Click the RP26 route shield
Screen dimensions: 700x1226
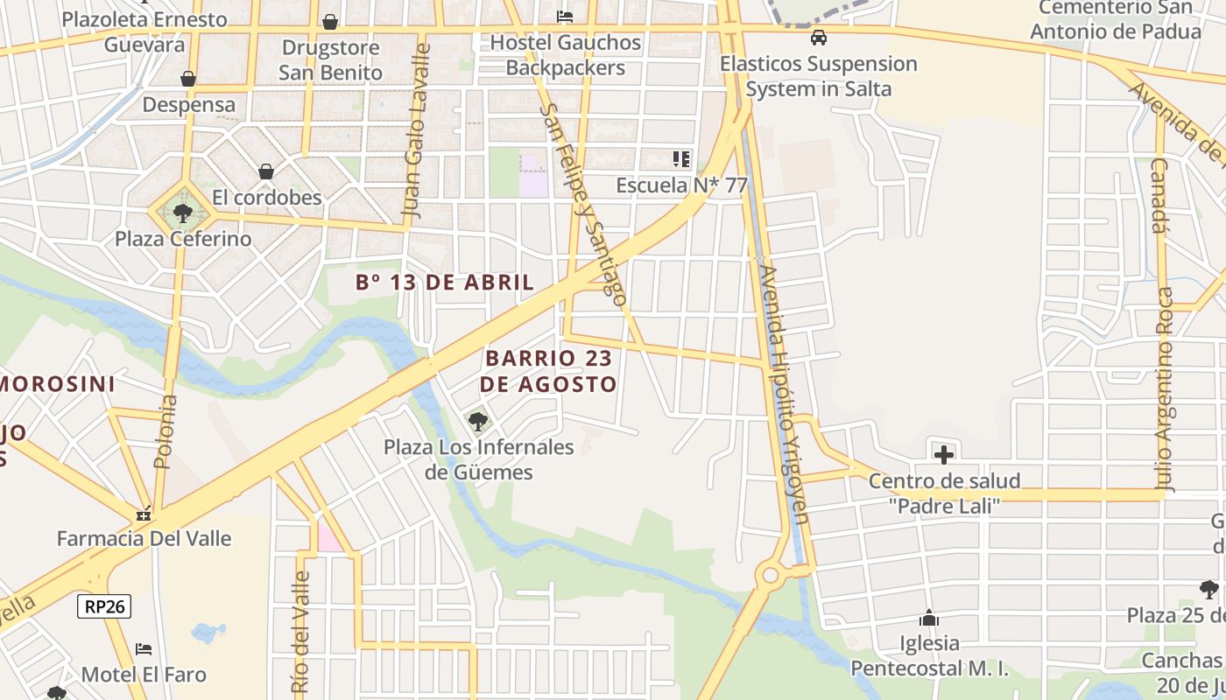pyautogui.click(x=104, y=606)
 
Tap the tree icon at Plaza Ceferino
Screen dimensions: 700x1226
pyautogui.click(x=182, y=213)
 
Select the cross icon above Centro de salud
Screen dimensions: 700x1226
pyautogui.click(x=943, y=455)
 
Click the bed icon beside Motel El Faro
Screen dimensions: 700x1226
pyautogui.click(x=144, y=649)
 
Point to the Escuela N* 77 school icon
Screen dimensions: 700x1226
pyautogui.click(x=681, y=159)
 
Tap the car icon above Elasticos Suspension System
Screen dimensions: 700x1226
pyautogui.click(x=818, y=38)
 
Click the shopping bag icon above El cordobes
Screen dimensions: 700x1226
pyautogui.click(x=266, y=171)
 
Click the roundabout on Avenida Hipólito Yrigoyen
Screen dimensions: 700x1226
pyautogui.click(x=771, y=575)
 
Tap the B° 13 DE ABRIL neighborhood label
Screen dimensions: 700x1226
pyautogui.click(x=445, y=282)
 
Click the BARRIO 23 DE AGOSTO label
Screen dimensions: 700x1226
pyautogui.click(x=548, y=371)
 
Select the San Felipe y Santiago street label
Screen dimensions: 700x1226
pyautogui.click(x=584, y=206)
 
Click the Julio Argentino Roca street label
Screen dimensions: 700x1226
pyautogui.click(x=1164, y=389)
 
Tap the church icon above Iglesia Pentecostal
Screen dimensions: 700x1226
pyautogui.click(x=929, y=619)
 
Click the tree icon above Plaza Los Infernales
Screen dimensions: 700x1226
pyautogui.click(x=478, y=422)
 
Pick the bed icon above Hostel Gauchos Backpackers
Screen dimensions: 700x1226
pyautogui.click(x=565, y=17)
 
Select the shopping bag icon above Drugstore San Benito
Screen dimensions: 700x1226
pyautogui.click(x=330, y=22)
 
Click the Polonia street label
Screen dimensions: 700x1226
pyautogui.click(x=166, y=431)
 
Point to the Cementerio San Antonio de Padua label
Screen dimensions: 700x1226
pyautogui.click(x=1115, y=19)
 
